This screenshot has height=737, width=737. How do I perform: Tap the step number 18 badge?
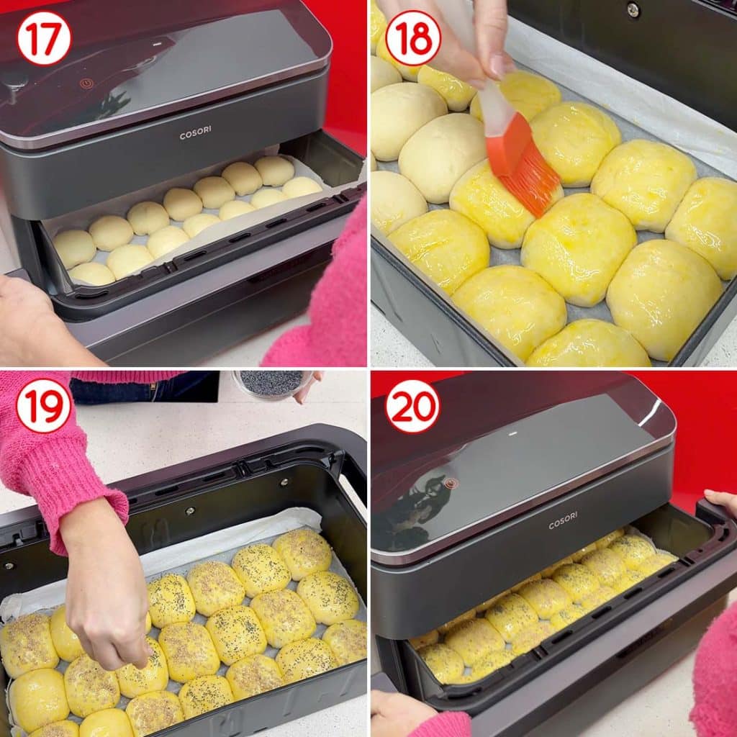[x=412, y=38]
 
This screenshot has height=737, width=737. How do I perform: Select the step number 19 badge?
[x=44, y=406]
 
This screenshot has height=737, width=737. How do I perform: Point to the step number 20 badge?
[x=412, y=406]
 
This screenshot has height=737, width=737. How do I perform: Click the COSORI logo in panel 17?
[x=195, y=133]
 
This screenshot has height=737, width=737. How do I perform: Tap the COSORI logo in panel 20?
[x=563, y=520]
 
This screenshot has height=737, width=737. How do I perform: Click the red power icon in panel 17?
[x=86, y=83]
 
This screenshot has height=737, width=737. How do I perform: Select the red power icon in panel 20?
[x=451, y=483]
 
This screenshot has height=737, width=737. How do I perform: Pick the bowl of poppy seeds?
[x=271, y=384]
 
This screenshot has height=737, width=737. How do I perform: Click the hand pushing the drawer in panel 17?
[x=37, y=320]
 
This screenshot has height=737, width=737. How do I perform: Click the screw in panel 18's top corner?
[x=633, y=9]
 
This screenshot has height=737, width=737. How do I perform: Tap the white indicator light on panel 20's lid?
[x=512, y=433]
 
